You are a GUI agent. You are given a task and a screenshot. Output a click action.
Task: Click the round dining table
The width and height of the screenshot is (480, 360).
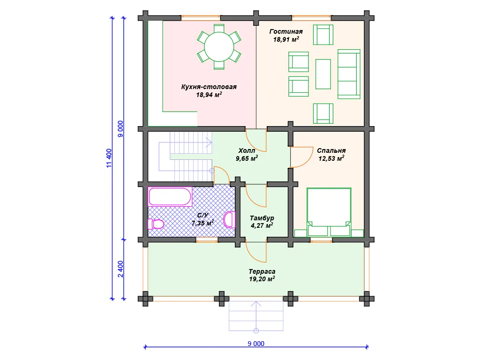pos(219,47)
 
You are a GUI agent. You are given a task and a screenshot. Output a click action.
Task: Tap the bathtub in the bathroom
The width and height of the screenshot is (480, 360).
pos(170,196)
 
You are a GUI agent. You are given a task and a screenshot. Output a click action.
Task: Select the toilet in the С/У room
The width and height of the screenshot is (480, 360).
pos(156,224)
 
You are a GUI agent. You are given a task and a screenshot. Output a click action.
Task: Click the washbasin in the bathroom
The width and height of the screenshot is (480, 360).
pos(229,219)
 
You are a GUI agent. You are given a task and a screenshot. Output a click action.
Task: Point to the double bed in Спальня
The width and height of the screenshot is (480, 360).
pos(329,212)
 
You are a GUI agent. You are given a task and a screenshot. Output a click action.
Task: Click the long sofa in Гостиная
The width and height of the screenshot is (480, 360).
pos(349,74)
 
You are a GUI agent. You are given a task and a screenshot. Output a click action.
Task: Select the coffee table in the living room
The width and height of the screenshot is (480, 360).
pos(323,74)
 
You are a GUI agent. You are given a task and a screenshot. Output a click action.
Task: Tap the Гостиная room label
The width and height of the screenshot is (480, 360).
pos(286,31)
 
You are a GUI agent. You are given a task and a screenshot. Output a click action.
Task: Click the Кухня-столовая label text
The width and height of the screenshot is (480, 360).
pos(209,87)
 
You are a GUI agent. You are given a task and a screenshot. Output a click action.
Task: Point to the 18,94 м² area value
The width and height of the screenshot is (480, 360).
pos(209,95)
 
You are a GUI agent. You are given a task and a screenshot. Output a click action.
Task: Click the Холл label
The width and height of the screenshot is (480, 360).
pos(247,150)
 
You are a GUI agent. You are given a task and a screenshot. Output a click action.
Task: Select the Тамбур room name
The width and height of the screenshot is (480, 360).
pos(262,218)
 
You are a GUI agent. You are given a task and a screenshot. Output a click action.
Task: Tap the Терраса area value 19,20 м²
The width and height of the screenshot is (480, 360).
pos(262,279)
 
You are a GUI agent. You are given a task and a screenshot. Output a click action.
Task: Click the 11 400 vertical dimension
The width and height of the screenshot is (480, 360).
pos(109,158)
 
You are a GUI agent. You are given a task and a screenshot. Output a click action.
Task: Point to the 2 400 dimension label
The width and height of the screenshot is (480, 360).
pos(120,269)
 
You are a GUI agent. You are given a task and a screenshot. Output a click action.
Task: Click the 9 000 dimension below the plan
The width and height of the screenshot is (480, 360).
pos(256,344)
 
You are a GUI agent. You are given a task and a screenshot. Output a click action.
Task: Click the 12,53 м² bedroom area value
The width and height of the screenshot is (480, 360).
pos(331,158)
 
